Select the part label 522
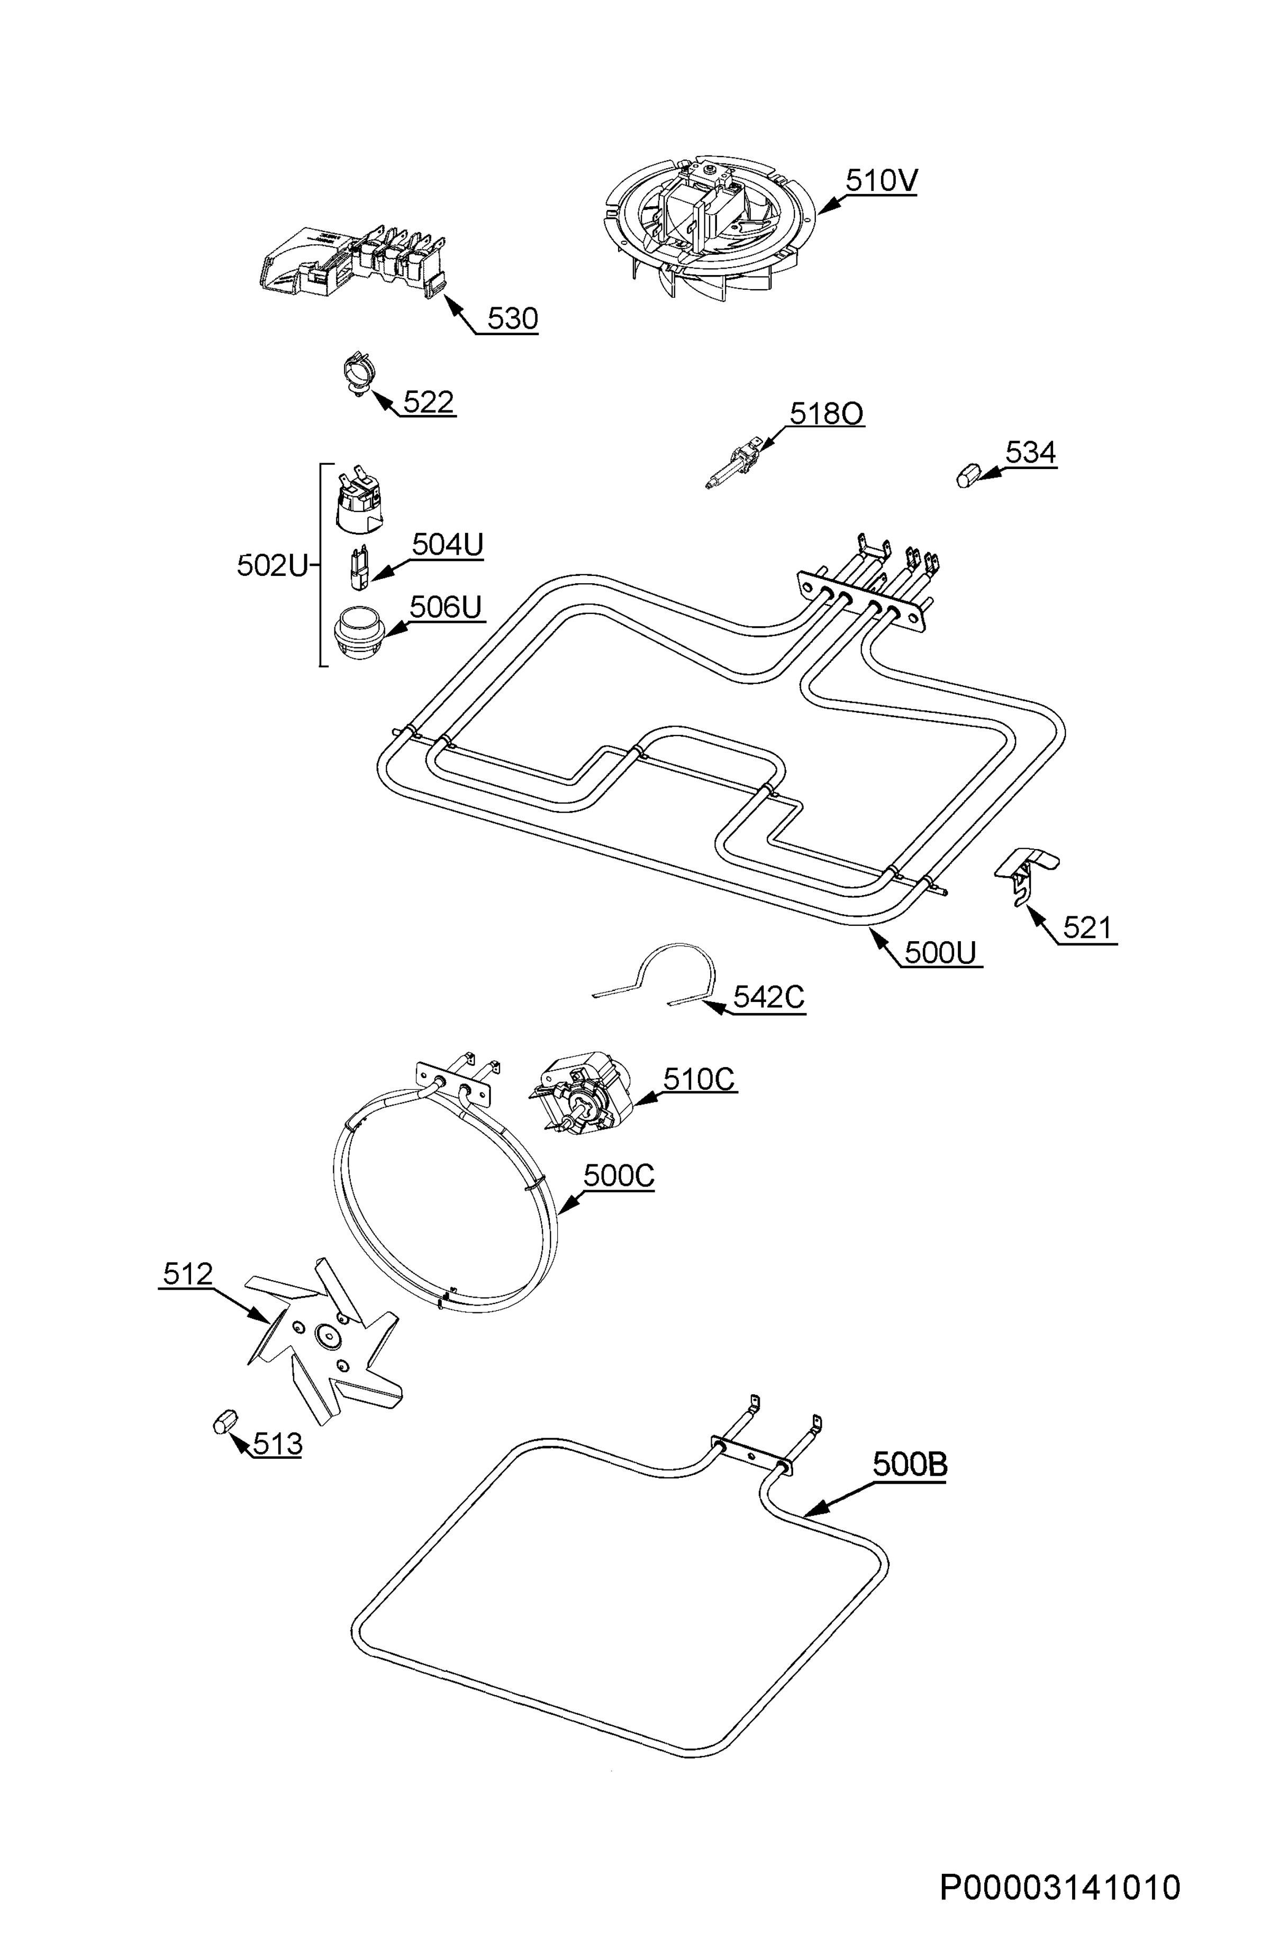428,402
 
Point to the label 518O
827,414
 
